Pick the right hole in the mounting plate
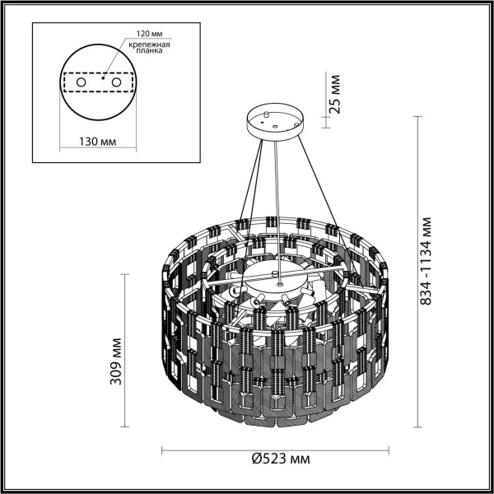[x=115, y=82]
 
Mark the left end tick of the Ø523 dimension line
[x=161, y=450]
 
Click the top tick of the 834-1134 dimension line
[x=422, y=116]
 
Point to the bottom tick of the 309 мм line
[x=125, y=427]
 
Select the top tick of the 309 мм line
[x=125, y=274]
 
